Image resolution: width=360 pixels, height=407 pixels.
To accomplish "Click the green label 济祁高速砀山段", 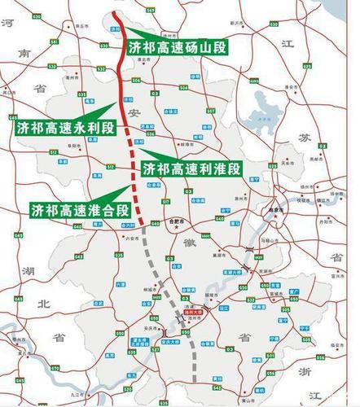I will [177, 46].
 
